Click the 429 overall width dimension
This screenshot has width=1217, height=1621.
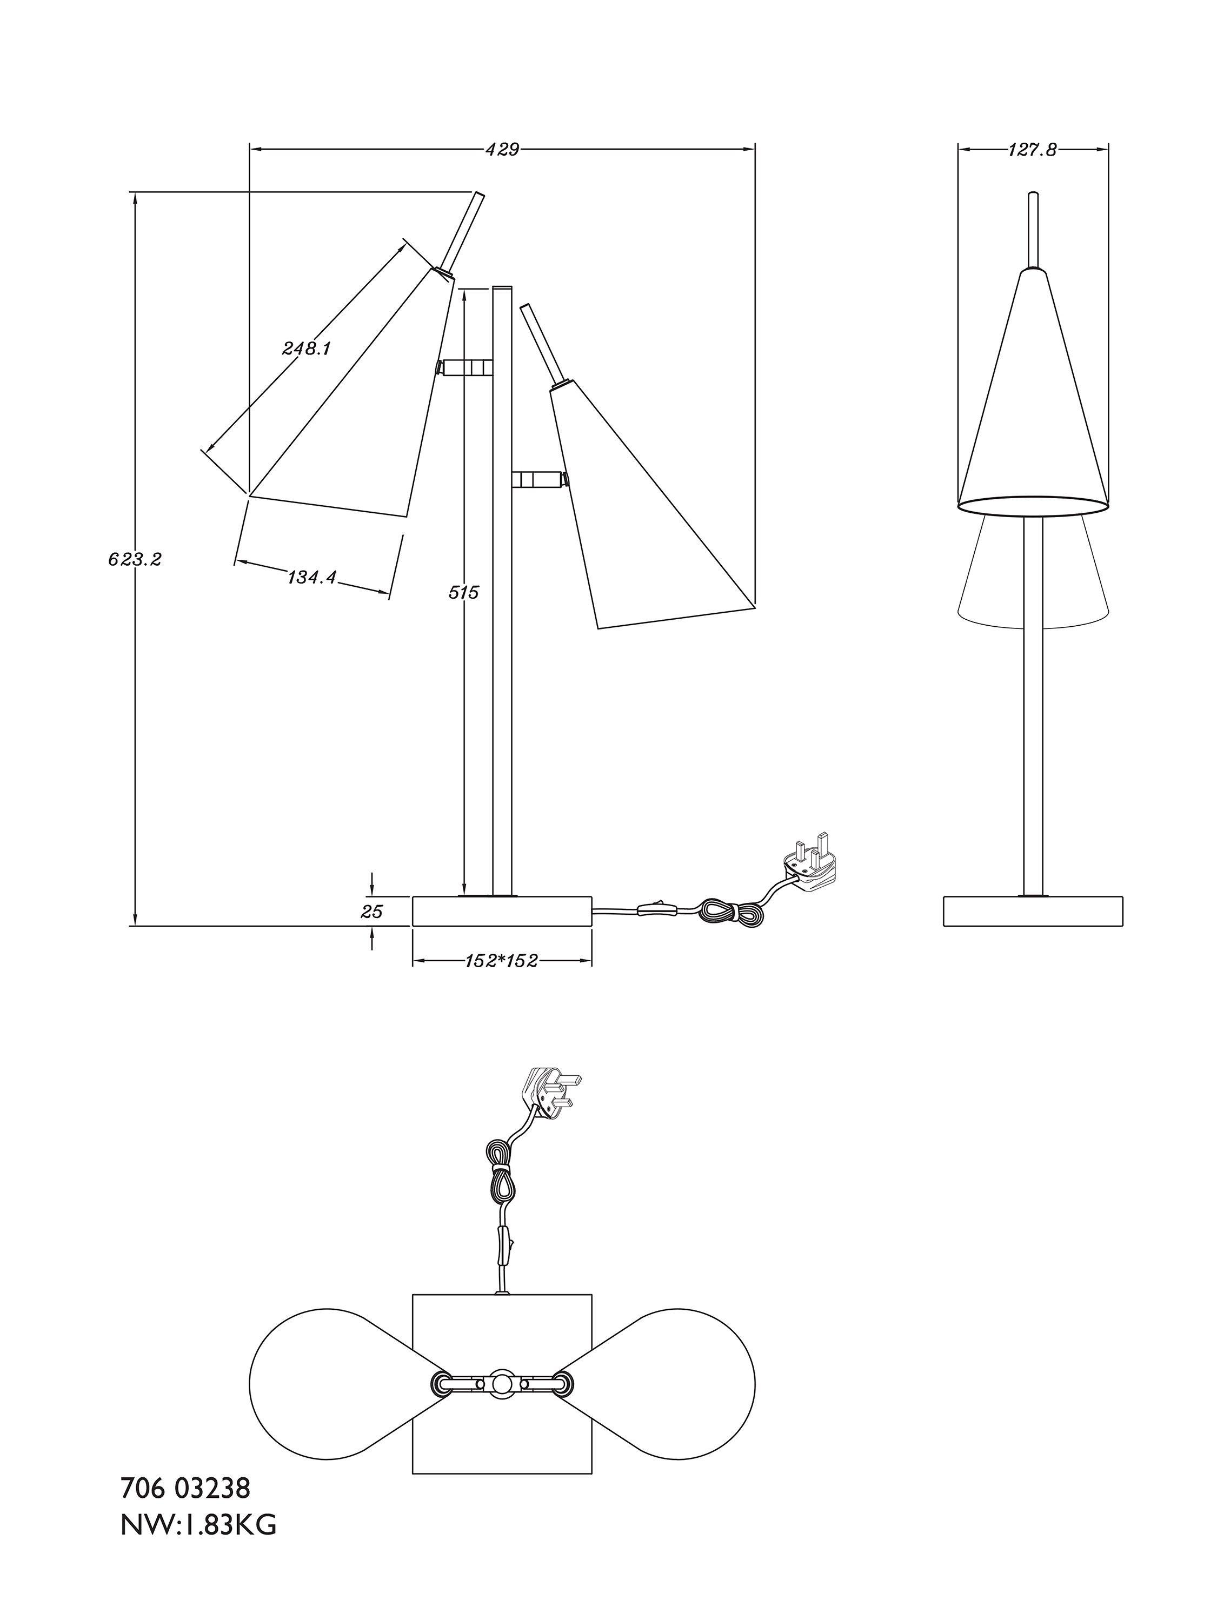502,150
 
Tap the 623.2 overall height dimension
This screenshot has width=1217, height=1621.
135,560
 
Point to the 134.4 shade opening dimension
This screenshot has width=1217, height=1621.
311,578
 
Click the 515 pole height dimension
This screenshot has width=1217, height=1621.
463,592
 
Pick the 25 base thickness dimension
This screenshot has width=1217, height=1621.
373,912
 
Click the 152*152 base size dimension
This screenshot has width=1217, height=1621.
502,960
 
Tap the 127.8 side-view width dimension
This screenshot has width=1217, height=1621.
1032,150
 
